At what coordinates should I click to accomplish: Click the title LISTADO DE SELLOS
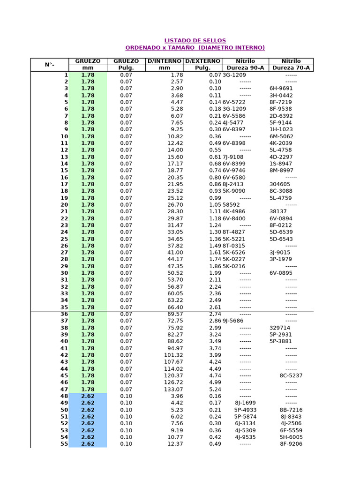[195, 41]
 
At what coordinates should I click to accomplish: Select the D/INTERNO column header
[165, 61]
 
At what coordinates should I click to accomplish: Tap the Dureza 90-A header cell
[245, 68]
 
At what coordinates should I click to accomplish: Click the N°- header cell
[50, 65]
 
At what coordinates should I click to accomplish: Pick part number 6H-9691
[281, 89]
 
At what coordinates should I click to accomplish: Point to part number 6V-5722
[234, 102]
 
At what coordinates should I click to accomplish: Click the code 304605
[280, 184]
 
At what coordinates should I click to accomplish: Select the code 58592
[231, 205]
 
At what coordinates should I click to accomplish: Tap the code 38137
[278, 211]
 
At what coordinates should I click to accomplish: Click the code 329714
[280, 328]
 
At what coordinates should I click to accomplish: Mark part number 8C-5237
[291, 375]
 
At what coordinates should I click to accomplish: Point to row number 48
[64, 396]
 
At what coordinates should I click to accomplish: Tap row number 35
[64, 307]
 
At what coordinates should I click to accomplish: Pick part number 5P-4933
[245, 410]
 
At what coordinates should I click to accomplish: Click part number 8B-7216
[291, 410]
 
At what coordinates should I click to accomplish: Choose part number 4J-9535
[245, 437]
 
